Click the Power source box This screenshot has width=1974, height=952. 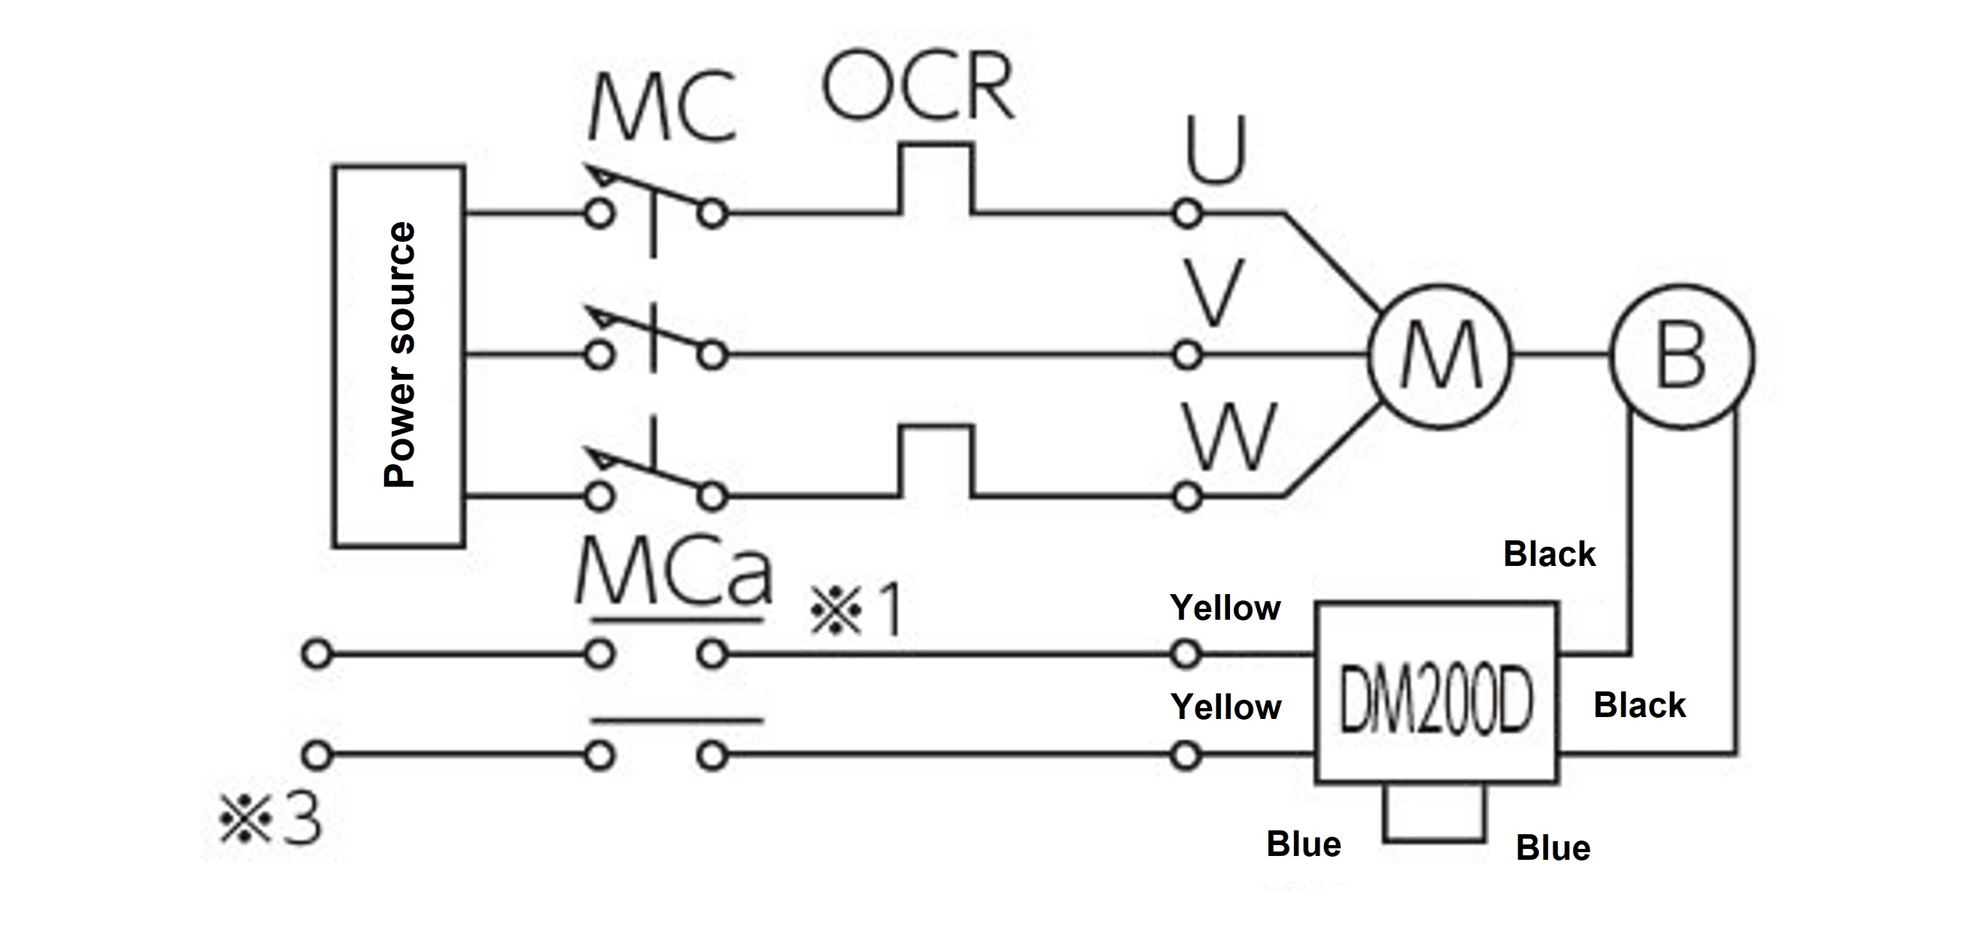pyautogui.click(x=398, y=356)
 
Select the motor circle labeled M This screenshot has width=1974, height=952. pyautogui.click(x=1440, y=356)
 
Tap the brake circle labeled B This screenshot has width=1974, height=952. pyautogui.click(x=1682, y=356)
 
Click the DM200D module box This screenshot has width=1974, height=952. pyautogui.click(x=1436, y=693)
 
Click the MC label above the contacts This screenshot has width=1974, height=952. pyautogui.click(x=662, y=108)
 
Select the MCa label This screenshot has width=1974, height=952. pyautogui.click(x=673, y=574)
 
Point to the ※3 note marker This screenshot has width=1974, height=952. pyautogui.click(x=270, y=819)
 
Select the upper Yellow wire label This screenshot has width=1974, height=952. pyautogui.click(x=1225, y=608)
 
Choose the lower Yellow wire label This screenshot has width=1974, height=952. pyautogui.click(x=1226, y=707)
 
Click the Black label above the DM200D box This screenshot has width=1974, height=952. pyautogui.click(x=1549, y=554)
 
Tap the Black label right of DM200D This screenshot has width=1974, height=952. pyautogui.click(x=1639, y=705)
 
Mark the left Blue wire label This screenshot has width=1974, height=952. pyautogui.click(x=1304, y=844)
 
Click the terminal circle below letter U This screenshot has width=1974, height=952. pyautogui.click(x=1187, y=214)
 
